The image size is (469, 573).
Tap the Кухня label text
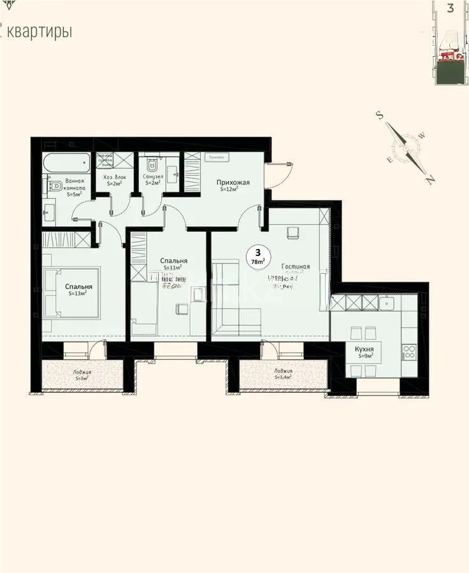click(364, 350)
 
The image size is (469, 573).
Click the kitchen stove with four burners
click(409, 351)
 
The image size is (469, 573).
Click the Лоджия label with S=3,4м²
click(283, 374)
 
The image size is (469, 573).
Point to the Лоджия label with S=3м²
click(82, 374)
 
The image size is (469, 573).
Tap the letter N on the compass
click(430, 180)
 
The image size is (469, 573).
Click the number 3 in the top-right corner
click(451, 8)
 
